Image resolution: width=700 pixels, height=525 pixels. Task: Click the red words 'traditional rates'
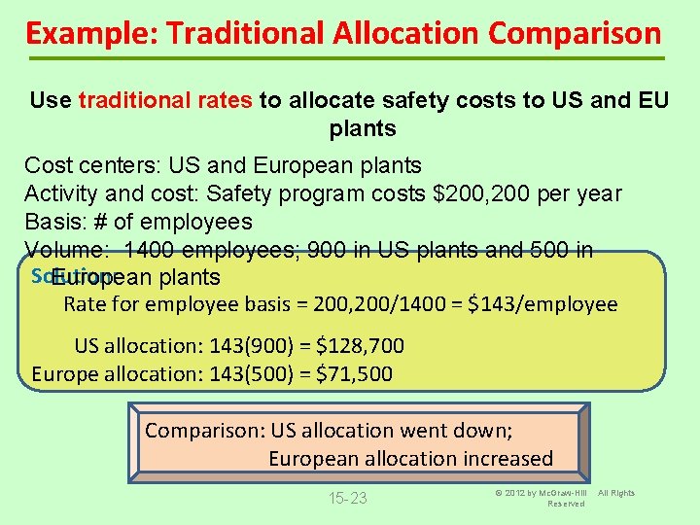(x=166, y=101)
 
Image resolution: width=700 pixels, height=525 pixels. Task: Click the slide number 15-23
(x=347, y=499)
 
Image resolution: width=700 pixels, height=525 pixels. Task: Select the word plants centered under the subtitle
(x=363, y=128)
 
